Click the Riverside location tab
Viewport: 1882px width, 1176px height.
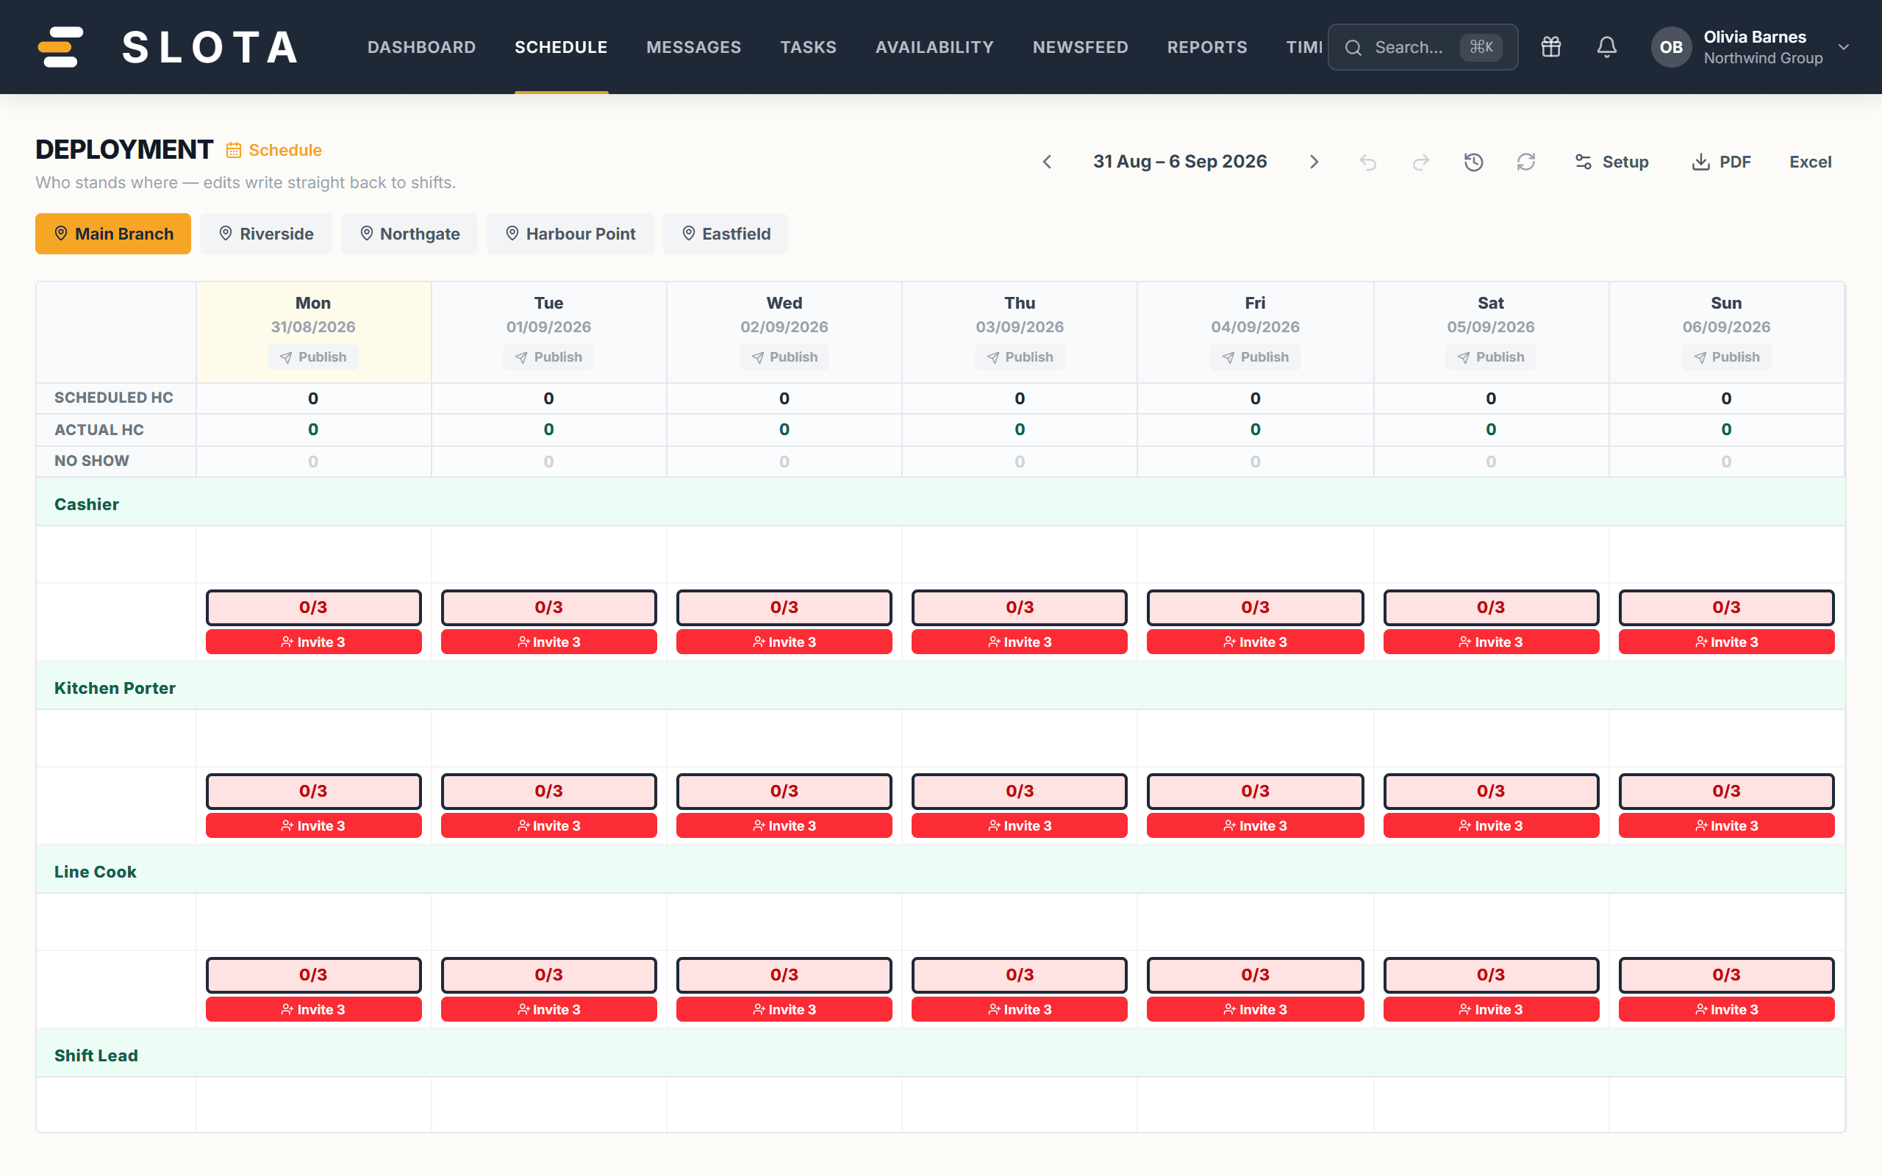[266, 233]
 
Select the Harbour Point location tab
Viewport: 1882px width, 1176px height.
[570, 233]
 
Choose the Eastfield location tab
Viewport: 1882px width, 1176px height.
[726, 233]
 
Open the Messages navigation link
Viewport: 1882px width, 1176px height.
[694, 48]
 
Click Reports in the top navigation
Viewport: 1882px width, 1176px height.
[1207, 48]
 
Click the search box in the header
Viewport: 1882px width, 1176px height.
[1423, 48]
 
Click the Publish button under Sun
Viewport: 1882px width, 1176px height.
[1726, 357]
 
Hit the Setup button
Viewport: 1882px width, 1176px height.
[1611, 162]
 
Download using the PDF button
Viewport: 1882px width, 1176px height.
[1722, 162]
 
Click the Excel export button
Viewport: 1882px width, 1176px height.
[1811, 162]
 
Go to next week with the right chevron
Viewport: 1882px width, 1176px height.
[1314, 162]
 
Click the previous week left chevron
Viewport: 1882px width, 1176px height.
[1048, 162]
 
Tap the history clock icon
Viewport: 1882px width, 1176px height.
[1474, 162]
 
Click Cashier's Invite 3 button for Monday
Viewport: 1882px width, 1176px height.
[313, 642]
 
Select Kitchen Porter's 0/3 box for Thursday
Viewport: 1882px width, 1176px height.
[1020, 791]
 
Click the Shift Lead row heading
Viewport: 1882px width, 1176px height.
[96, 1055]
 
